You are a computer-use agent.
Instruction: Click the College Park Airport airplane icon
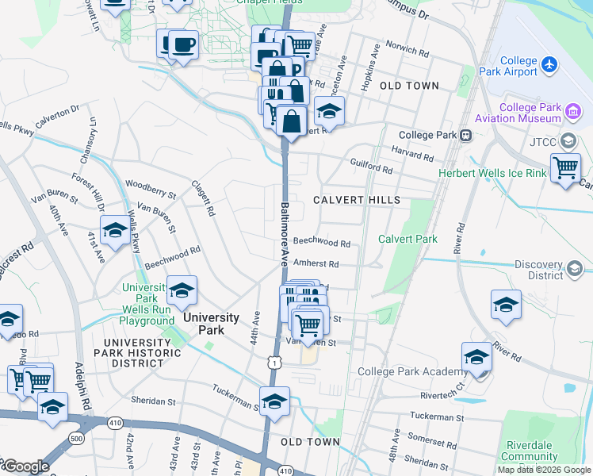549,63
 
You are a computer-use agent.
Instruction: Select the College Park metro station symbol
466,135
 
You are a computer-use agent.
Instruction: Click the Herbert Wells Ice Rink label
492,173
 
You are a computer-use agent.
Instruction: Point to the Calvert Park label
407,239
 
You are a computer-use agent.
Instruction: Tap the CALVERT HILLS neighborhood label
356,200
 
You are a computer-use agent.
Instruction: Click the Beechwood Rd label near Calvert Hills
322,244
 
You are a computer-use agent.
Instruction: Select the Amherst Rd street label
316,263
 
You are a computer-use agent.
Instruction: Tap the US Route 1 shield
274,362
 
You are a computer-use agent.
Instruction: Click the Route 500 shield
76,438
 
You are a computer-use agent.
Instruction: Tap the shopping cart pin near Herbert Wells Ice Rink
565,167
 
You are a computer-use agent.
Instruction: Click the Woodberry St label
150,190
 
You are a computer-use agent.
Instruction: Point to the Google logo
25,466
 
